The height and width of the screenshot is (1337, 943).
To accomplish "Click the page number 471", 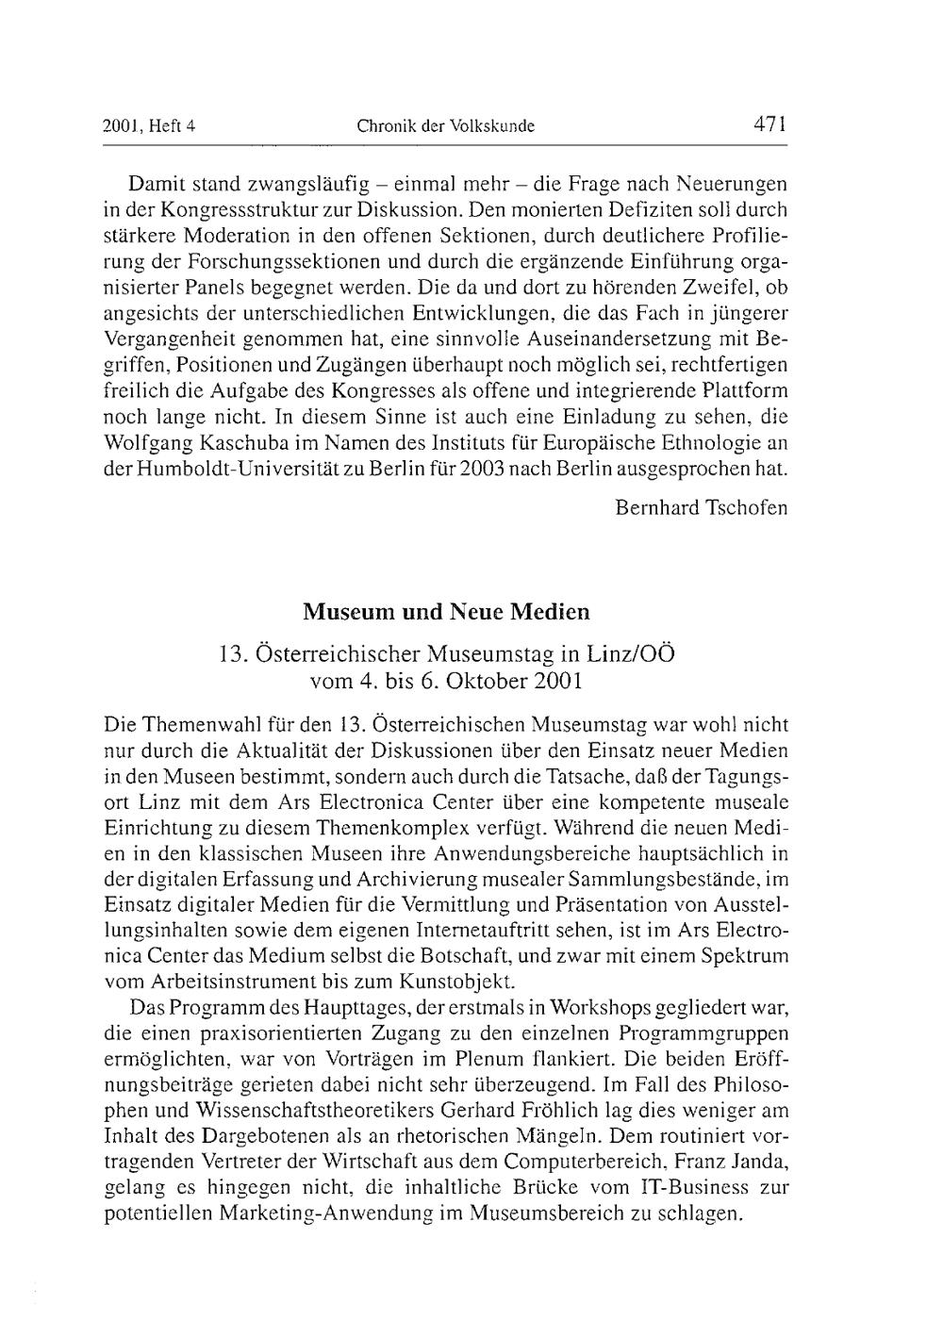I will (x=769, y=124).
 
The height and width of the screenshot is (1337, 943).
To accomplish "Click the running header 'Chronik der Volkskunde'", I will (x=445, y=125).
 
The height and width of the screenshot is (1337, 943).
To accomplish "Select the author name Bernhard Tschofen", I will (x=701, y=507).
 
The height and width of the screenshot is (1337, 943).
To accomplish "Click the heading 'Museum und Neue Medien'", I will (x=446, y=612).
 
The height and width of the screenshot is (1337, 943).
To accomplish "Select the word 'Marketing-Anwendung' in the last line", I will (x=326, y=1213).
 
